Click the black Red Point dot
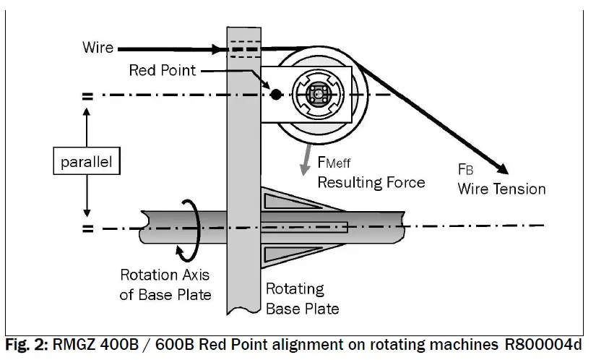tap(275, 94)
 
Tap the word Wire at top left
tap(98, 48)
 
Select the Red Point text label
tap(161, 70)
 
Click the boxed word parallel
tap(87, 163)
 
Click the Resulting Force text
tap(371, 181)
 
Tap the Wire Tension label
tap(502, 189)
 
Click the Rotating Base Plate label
tap(302, 299)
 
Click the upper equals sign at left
tap(88, 95)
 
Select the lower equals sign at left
tap(88, 229)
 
